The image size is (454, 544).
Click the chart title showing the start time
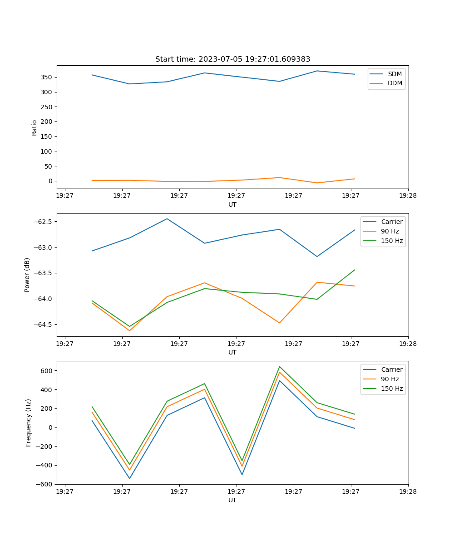point(232,59)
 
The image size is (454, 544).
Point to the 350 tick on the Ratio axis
point(47,77)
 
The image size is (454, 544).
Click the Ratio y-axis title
point(35,127)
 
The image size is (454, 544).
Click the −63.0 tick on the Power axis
point(44,248)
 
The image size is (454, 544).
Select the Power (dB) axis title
point(27,275)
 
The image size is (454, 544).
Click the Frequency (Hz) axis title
point(28,423)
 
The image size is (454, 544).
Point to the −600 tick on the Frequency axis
point(44,484)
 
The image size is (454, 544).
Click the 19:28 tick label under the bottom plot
point(408,491)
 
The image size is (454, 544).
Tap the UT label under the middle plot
point(232,352)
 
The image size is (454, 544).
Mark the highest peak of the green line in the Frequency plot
point(280,366)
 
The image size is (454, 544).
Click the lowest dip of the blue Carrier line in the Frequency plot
point(129,478)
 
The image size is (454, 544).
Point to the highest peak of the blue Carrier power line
point(167,219)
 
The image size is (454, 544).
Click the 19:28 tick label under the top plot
point(408,196)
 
